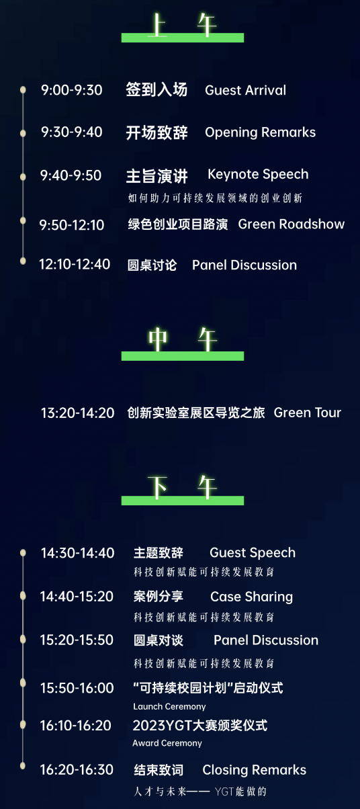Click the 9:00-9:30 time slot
click(x=71, y=90)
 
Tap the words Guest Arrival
click(x=246, y=90)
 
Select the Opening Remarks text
click(x=261, y=132)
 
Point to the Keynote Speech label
click(x=258, y=175)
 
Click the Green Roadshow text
click(x=291, y=224)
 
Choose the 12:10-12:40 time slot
click(x=75, y=264)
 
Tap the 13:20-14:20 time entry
click(x=77, y=413)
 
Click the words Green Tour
click(x=308, y=413)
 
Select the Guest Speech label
click(x=253, y=553)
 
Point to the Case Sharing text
click(x=251, y=597)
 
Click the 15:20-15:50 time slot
click(x=77, y=640)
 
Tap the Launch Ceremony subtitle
click(x=169, y=706)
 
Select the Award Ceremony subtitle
click(x=167, y=743)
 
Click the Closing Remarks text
click(x=254, y=769)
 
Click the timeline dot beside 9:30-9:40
click(x=23, y=133)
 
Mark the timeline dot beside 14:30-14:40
click(x=23, y=552)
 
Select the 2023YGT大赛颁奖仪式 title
click(x=200, y=726)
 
